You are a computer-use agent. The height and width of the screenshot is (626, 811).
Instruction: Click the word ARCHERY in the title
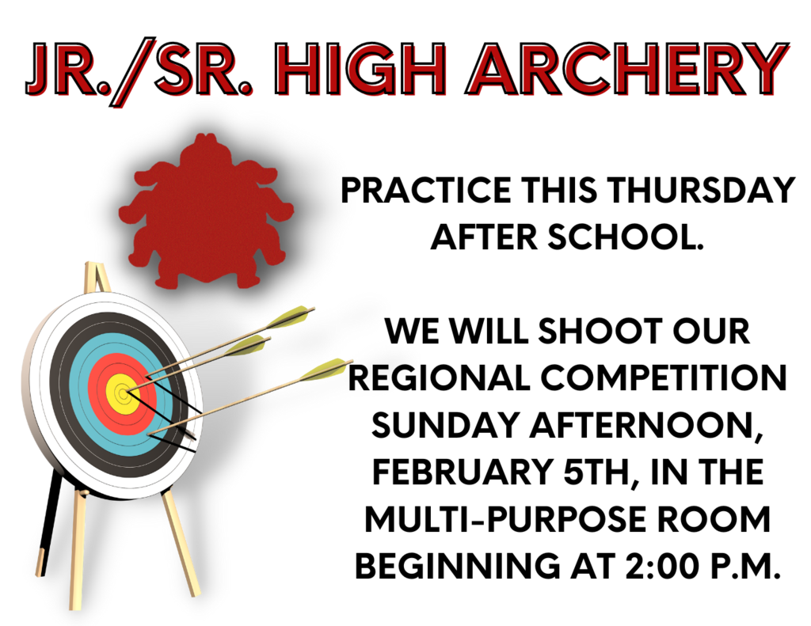[x=627, y=70]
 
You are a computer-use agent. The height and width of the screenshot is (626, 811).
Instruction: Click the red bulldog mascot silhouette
[x=207, y=211]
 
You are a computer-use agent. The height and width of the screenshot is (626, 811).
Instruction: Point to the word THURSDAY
[x=701, y=190]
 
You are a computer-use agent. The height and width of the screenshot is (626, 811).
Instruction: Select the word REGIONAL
[x=440, y=377]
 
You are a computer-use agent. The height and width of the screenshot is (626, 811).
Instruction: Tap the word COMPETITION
[x=664, y=377]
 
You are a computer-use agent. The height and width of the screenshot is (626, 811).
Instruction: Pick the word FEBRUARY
[x=463, y=472]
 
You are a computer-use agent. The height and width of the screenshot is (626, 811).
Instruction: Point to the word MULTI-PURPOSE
[x=504, y=519]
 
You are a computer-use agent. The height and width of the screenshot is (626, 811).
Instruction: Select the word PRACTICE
[x=426, y=190]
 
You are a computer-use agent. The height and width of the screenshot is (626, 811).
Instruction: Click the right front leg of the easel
[x=181, y=543]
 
